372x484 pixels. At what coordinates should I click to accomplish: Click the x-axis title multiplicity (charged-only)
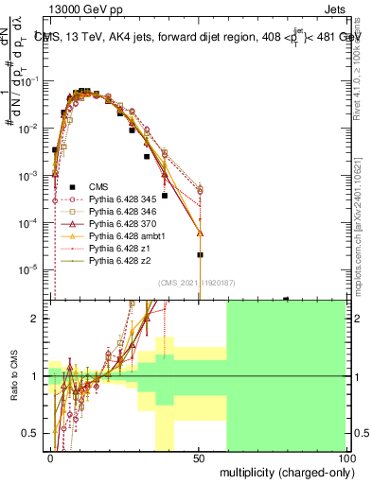point(282,471)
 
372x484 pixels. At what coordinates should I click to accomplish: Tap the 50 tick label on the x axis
point(199,458)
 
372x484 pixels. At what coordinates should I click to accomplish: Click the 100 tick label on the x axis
point(345,458)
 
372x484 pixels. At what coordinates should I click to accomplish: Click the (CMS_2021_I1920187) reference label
point(197,282)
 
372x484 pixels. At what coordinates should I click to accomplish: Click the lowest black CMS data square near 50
point(200,255)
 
